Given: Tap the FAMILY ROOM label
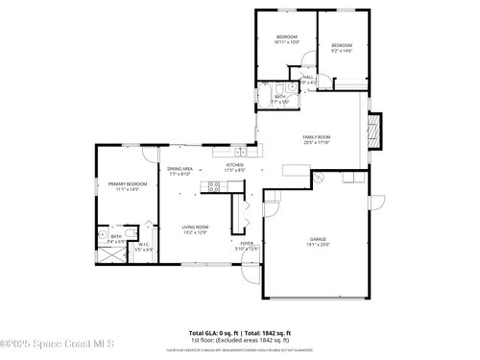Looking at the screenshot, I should pyautogui.click(x=316, y=139).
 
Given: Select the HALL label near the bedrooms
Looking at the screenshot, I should pyautogui.click(x=309, y=80).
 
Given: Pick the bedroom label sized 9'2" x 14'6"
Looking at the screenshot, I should pyautogui.click(x=342, y=48).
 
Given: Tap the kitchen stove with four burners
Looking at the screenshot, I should pyautogui.click(x=214, y=188).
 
